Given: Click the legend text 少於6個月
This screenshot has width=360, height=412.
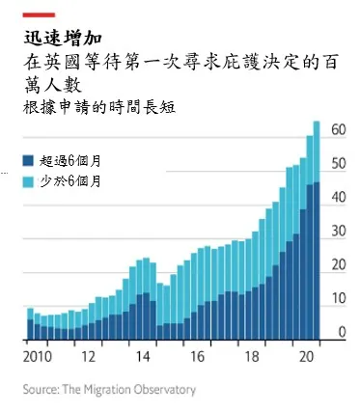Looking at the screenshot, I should click(x=70, y=180).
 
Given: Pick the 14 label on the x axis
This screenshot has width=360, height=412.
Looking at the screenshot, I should click(x=142, y=356).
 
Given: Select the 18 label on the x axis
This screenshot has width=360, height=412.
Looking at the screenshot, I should click(x=253, y=356).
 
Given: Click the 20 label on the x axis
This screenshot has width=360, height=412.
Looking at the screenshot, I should click(x=307, y=356).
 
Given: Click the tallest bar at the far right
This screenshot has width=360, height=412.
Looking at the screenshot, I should click(x=317, y=232).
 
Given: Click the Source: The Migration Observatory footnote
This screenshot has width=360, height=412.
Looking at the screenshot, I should click(x=109, y=390).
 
